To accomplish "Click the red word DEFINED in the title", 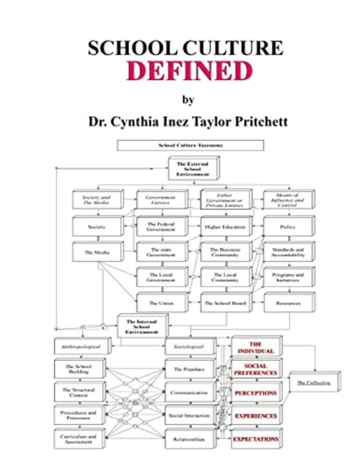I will point(190,71).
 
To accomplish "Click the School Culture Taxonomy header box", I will point(190,145).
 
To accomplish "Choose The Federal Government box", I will point(161,226).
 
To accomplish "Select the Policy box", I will point(288,227).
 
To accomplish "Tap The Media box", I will point(97,252).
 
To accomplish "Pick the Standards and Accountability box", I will point(288,252).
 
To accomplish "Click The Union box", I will point(161,303).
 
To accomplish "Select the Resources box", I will point(288,303).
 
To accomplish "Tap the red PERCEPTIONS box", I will point(255,393).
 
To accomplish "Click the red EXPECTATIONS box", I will point(256,439).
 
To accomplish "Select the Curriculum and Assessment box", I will point(78,439).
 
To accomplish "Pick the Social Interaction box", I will point(189,415).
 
